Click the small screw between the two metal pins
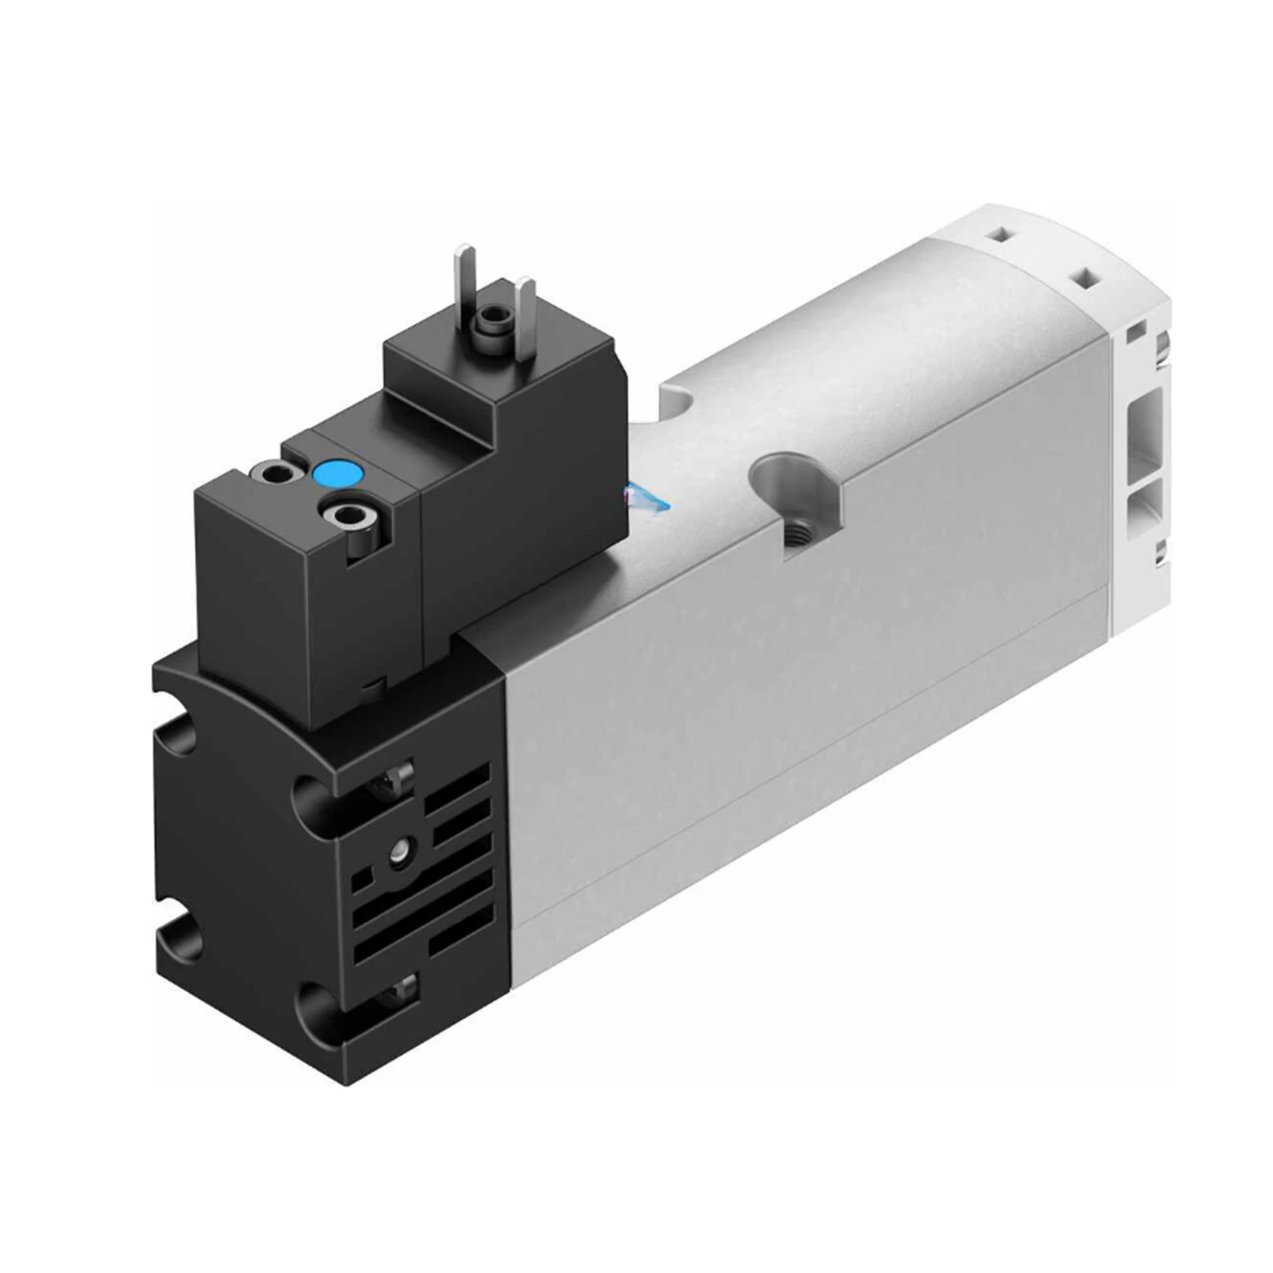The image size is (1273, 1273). click(x=490, y=320)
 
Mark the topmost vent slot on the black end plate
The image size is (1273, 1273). click(x=459, y=782)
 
